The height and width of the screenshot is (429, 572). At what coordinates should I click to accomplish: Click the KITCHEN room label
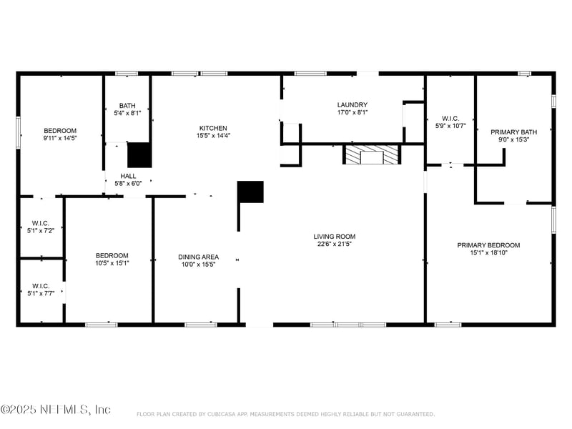click(213, 128)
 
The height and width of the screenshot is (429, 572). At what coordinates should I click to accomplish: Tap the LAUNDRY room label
click(352, 104)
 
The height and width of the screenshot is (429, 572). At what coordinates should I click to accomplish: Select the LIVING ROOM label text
click(334, 237)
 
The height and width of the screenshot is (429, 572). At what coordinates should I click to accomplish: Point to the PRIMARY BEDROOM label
click(488, 245)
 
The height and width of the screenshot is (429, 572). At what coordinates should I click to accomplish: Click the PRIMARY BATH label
click(513, 132)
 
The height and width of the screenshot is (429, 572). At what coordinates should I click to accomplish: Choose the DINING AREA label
click(198, 257)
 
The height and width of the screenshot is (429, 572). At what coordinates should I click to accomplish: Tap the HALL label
click(128, 176)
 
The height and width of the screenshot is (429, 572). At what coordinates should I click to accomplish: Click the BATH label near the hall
click(127, 106)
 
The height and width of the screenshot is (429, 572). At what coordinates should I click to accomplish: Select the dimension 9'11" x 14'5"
click(60, 138)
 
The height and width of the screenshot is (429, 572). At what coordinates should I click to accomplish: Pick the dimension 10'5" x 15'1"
click(112, 264)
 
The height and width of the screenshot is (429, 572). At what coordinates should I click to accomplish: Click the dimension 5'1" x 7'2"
click(40, 231)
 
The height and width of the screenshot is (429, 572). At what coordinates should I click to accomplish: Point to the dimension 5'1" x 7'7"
click(40, 293)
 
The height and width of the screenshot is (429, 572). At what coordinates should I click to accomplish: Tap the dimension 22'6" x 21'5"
click(334, 244)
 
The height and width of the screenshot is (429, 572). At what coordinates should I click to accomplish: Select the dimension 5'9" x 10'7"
click(450, 126)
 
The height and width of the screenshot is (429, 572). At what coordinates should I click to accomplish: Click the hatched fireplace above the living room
click(372, 154)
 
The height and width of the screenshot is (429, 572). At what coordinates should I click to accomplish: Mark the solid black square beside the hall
click(139, 155)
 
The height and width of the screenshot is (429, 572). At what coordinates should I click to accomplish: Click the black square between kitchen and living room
click(250, 192)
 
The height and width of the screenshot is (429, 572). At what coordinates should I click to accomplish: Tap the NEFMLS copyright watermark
click(56, 410)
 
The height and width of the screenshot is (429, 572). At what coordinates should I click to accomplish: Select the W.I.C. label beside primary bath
click(450, 119)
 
